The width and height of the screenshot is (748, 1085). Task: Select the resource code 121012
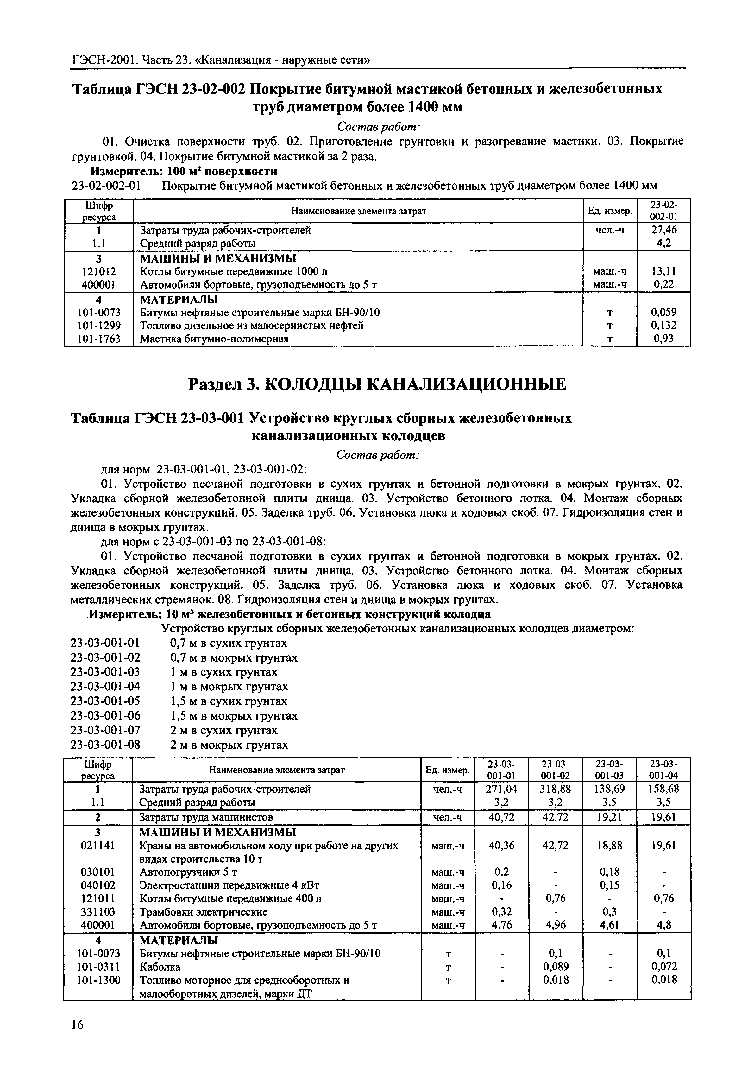click(98, 271)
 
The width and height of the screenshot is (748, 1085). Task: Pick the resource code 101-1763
click(98, 339)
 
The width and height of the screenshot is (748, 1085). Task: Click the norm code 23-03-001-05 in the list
click(105, 701)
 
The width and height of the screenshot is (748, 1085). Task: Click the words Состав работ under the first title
click(378, 127)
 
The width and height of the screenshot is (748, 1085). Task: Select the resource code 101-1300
click(98, 980)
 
